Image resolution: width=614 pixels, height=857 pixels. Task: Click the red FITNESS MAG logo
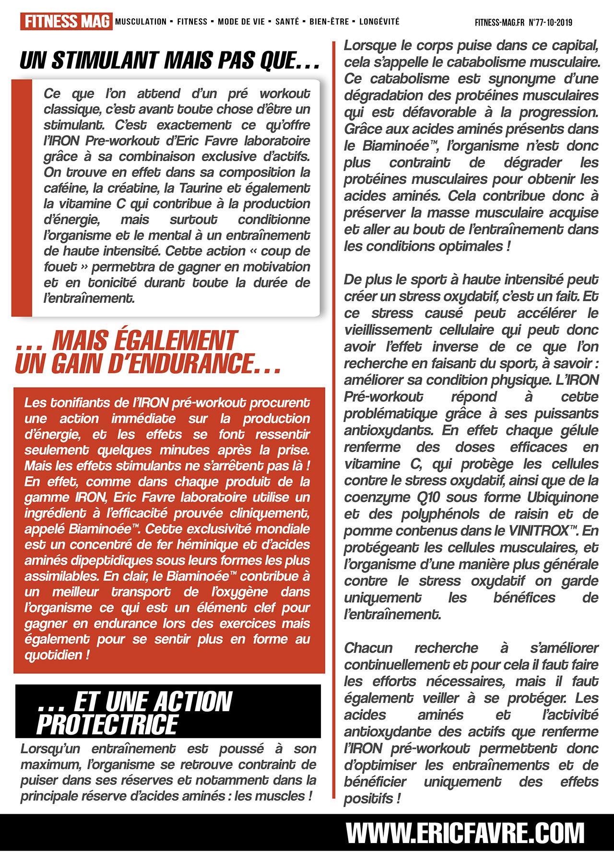(x=66, y=22)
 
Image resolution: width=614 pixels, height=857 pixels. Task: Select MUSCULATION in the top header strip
(x=141, y=22)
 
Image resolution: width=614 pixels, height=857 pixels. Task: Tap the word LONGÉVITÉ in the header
(x=379, y=22)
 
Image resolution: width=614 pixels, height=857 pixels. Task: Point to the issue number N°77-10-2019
(x=550, y=22)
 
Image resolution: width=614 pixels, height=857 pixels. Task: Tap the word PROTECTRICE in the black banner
(x=107, y=725)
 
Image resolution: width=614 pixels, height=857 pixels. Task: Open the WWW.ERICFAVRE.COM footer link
(x=465, y=833)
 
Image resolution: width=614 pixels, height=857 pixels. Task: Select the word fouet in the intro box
(x=60, y=267)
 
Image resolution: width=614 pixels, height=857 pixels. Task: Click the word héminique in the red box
(x=211, y=545)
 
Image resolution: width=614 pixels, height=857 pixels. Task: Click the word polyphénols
(x=440, y=514)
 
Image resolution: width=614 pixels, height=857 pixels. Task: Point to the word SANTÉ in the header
(x=287, y=22)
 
